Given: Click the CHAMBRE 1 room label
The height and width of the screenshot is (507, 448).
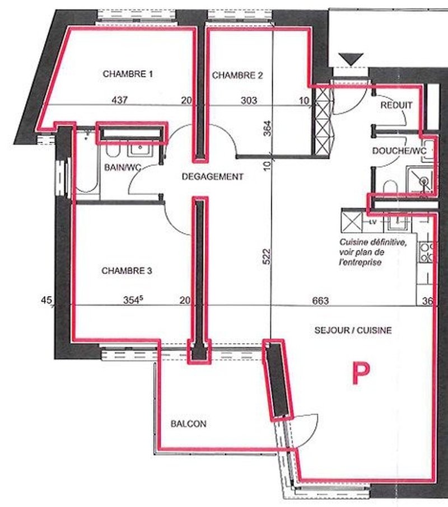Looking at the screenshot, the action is pos(128,74).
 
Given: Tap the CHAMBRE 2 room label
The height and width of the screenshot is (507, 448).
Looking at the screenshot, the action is pos(237,76).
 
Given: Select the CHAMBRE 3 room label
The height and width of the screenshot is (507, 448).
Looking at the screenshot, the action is pos(127,271).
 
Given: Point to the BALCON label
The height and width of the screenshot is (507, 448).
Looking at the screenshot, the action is pos(188,424).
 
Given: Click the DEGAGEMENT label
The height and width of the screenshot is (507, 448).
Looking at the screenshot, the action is pos(212,176).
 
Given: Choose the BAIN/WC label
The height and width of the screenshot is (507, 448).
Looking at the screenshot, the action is pos(123,167).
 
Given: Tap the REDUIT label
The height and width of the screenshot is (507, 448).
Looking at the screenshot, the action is pos(396,105).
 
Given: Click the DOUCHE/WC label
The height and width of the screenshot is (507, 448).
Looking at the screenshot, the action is pos(399,151).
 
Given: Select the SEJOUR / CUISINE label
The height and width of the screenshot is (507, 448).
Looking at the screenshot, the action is pos(353,330).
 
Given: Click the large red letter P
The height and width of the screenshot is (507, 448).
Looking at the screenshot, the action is pos(361,373).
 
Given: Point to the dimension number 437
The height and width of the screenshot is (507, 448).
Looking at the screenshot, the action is pos(119,100).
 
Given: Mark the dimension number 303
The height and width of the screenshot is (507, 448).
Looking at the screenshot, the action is pos(249,101).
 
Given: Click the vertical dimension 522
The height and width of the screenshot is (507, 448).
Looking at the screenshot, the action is pos(267,256).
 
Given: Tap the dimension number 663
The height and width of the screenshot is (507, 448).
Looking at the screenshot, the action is pos(320,301).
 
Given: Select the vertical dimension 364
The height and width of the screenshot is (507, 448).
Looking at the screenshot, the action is pos(267,128).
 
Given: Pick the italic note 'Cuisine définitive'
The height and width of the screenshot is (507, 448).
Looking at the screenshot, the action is pos(372,242).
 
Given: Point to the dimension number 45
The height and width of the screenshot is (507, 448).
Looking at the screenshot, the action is pos(46,301).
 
